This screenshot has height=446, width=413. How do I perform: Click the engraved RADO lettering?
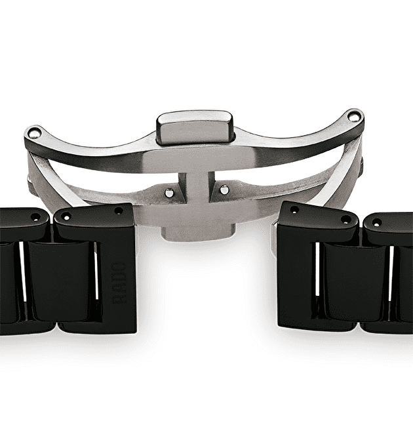click(x=119, y=283)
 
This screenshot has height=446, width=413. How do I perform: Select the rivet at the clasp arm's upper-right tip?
click(x=353, y=116)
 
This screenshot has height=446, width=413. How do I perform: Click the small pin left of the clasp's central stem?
click(x=169, y=193)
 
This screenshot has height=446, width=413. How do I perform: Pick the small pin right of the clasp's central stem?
click(x=224, y=190)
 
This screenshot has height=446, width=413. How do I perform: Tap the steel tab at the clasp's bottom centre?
click(x=198, y=232)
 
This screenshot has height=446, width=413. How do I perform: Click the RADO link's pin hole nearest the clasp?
click(x=119, y=211)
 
